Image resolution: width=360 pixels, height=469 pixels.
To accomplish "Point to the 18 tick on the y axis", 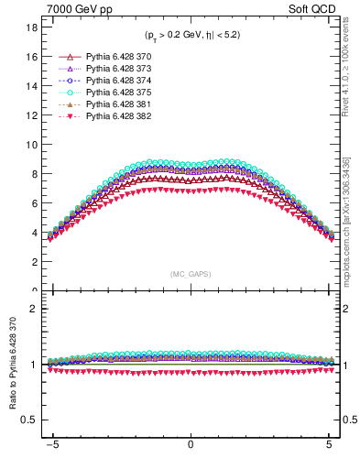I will (x=30, y=27).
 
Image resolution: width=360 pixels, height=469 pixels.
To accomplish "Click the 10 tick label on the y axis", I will (x=30, y=145).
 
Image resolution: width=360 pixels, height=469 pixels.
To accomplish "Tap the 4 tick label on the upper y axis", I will (x=33, y=233).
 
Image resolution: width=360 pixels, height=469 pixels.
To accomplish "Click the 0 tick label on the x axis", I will (x=191, y=443).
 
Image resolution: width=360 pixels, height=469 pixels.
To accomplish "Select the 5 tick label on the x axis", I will (x=329, y=443).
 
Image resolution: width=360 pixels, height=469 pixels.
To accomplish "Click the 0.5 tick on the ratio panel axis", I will (x=28, y=420).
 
